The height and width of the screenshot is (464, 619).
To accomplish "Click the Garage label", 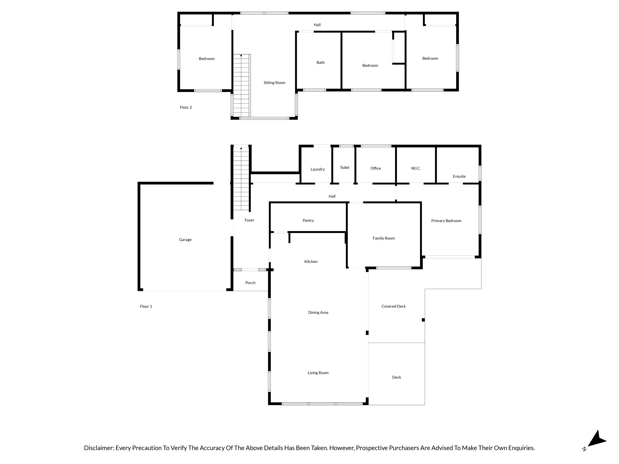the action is point(185,240).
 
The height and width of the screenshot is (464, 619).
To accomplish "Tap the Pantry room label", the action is point(308,220).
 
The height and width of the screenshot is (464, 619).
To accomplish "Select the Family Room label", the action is point(384,238).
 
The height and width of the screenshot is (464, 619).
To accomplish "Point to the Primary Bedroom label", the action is point(446,221).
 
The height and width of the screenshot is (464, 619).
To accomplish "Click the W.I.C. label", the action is point(416,168).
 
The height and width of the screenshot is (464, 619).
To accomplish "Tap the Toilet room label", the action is point(344,168).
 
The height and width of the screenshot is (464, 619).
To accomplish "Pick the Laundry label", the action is point(318,169).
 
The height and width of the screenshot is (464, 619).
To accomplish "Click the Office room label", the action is point(376,168).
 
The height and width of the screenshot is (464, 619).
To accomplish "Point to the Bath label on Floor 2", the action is point(320,63).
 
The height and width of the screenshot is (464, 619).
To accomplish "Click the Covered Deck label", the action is point(393,306).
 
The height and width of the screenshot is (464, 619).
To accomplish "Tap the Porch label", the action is point(250,283).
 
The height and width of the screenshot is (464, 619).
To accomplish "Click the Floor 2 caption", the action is point(186,107).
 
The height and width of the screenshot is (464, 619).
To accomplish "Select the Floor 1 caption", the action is point(146,307).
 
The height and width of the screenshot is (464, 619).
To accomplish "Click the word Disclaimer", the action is point(99,448).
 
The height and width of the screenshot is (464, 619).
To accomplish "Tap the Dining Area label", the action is point(318,312).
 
